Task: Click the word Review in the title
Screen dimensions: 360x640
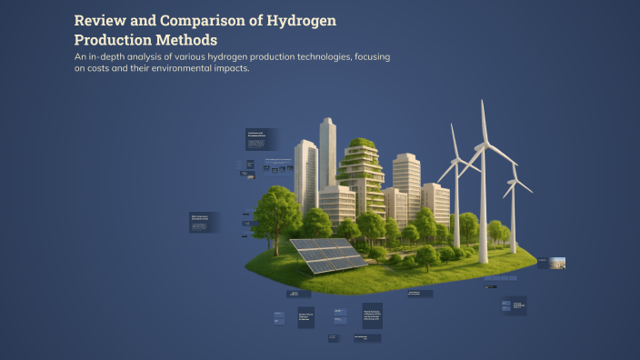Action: (102, 19)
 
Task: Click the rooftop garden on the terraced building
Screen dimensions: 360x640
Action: (361, 145)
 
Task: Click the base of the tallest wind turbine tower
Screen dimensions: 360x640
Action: (483, 260)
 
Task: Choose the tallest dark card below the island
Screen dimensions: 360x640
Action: (373, 315)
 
